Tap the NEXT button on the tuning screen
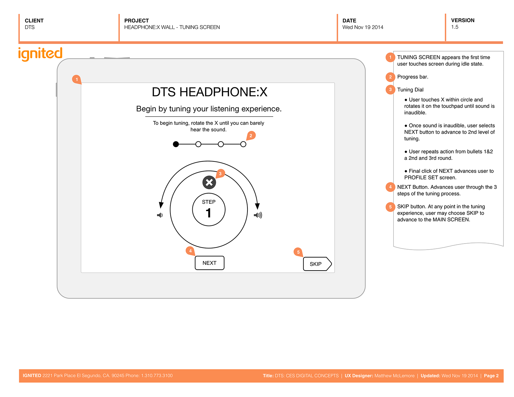(x=209, y=263)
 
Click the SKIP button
(x=317, y=264)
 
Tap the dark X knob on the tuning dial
(x=209, y=182)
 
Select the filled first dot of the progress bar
(x=176, y=144)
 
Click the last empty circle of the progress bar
(x=243, y=144)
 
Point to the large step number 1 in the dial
(x=209, y=213)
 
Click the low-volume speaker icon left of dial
(x=160, y=215)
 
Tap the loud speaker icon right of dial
(x=258, y=215)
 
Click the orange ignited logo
(x=40, y=53)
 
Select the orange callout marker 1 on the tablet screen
(x=76, y=79)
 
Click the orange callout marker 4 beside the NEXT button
(x=190, y=251)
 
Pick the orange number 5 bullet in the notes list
(x=390, y=207)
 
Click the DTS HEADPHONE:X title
(x=209, y=92)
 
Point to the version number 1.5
(x=454, y=27)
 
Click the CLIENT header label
(x=34, y=21)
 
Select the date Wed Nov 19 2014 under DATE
(x=363, y=27)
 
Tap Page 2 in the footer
(x=491, y=376)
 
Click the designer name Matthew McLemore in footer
(x=394, y=376)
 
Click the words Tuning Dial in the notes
(x=410, y=90)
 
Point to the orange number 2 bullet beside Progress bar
(x=390, y=77)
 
